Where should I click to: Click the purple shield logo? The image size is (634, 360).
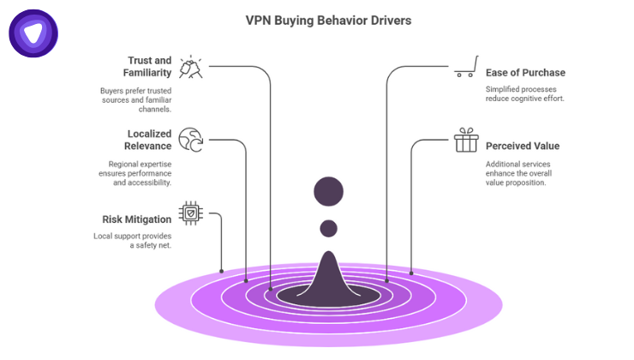33,33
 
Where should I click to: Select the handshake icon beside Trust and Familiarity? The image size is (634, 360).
191,67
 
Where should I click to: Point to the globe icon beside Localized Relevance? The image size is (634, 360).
190,140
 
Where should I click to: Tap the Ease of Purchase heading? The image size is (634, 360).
525,72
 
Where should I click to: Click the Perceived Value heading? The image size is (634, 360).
522,146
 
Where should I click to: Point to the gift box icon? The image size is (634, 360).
465,141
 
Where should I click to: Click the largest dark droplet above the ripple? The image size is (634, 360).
328,192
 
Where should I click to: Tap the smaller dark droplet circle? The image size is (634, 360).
328,229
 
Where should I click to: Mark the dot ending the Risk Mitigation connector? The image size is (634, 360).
222,272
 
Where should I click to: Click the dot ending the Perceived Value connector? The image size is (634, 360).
411,273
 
